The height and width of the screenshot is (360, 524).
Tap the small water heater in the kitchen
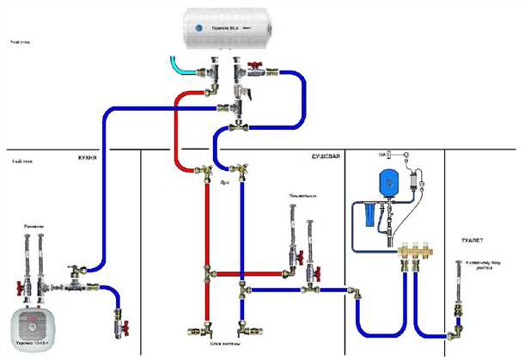click(x=32, y=327)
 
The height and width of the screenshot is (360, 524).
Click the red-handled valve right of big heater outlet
click(x=256, y=66)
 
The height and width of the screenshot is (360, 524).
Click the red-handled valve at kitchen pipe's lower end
click(x=120, y=327)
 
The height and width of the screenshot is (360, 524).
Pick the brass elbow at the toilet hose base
click(x=458, y=325)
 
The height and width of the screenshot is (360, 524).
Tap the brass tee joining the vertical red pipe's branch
click(x=207, y=274)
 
